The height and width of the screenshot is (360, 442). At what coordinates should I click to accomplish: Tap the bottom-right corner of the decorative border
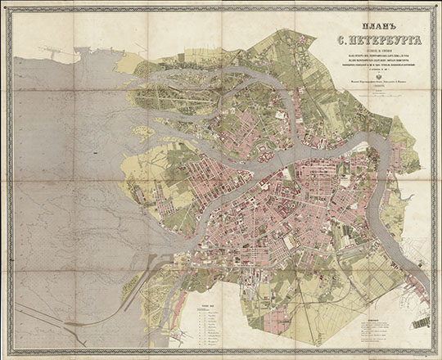tap(434, 352)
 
